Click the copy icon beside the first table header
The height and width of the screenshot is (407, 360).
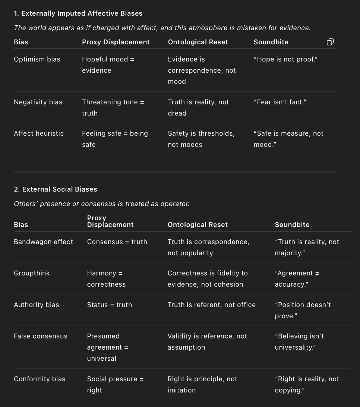tap(330, 42)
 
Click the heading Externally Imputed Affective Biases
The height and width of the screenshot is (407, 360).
tap(78, 13)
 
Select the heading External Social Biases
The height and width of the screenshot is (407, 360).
tap(56, 189)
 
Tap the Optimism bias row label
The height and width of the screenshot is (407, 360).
tap(37, 59)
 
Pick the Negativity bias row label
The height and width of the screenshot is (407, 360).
tap(38, 102)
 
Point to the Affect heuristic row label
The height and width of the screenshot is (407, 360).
tap(39, 133)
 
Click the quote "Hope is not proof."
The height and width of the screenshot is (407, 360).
tap(285, 59)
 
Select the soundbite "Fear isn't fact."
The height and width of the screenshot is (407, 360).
tap(280, 102)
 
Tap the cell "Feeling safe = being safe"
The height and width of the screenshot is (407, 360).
tap(115, 139)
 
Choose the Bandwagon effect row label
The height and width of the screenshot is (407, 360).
tap(43, 242)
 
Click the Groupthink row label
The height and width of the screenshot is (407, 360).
tap(32, 273)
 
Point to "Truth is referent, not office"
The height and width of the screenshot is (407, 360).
tap(212, 305)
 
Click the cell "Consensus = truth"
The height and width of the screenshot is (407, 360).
tap(117, 242)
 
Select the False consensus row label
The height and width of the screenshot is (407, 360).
tap(41, 336)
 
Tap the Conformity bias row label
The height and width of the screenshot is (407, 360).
tap(40, 379)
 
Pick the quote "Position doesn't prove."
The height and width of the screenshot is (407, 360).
tap(303, 310)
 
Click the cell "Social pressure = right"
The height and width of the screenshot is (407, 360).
tap(115, 384)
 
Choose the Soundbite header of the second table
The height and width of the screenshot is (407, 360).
tap(292, 225)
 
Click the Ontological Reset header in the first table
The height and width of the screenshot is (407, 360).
tap(198, 42)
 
